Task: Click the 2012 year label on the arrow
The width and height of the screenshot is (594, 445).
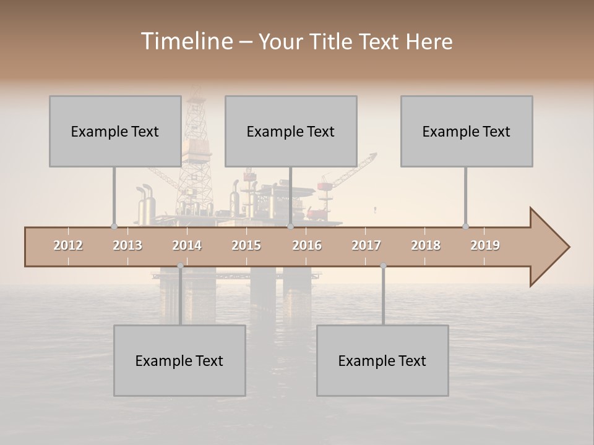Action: (68, 245)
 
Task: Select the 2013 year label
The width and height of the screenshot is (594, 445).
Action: (127, 245)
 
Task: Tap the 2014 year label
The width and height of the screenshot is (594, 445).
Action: (187, 245)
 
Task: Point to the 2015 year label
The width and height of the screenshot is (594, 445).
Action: (246, 245)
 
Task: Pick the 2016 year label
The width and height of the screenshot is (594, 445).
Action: (307, 245)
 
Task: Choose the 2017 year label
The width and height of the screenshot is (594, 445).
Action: (366, 245)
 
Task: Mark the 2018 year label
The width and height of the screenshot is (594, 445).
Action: (426, 245)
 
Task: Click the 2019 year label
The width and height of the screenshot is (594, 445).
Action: (485, 245)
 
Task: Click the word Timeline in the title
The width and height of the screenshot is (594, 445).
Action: (186, 41)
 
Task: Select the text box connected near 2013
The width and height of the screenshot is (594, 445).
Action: (115, 131)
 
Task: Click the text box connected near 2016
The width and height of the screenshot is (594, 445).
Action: (291, 131)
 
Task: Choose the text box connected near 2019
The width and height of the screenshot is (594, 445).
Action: (467, 131)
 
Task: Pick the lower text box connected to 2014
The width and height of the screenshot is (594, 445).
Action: (179, 360)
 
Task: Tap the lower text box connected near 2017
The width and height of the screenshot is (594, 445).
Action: (382, 360)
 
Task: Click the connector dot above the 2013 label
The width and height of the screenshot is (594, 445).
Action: (114, 226)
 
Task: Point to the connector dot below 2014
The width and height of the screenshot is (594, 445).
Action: (180, 266)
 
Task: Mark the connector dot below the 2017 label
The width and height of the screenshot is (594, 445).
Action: (383, 266)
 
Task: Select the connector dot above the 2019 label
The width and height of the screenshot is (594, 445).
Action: (465, 226)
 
